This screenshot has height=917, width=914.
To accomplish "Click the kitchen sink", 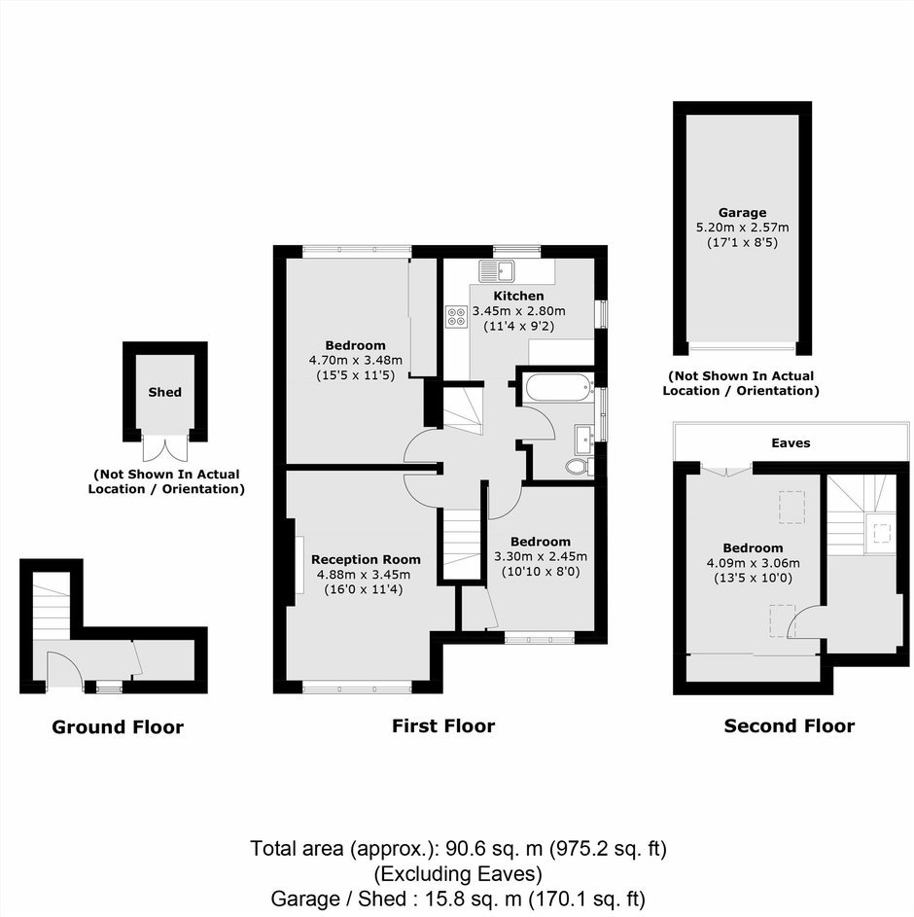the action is tap(496, 270).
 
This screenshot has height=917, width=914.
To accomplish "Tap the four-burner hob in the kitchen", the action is tap(456, 316).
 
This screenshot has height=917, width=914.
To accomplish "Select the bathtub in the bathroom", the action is tap(560, 388).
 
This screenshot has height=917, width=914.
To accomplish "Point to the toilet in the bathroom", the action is tap(580, 466).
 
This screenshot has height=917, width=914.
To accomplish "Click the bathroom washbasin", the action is tap(584, 440).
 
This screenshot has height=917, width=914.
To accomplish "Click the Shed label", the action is tap(165, 392).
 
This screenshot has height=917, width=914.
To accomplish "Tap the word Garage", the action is tap(742, 213).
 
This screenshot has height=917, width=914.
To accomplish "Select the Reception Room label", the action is tap(366, 559).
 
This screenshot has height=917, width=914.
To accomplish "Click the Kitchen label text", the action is tap(518, 296).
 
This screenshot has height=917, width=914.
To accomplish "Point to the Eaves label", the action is tap(791, 442).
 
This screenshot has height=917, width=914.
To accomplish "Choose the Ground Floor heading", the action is tap(118, 727).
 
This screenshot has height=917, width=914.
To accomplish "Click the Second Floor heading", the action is tap(790, 725).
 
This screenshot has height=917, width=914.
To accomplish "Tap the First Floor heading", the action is tap(443, 725).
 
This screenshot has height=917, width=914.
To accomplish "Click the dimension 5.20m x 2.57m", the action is tap(742, 228).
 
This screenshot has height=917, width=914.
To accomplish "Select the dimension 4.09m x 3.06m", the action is tap(754, 563).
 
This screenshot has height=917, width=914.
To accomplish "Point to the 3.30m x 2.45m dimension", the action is tap(541, 557).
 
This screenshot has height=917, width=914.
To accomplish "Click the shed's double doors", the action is tap(165, 448).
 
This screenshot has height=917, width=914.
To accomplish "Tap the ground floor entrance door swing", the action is tap(64, 670).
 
